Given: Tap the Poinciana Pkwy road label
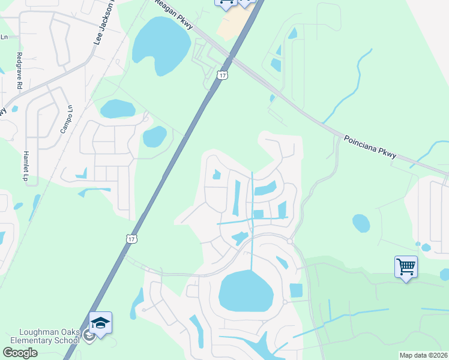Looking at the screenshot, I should pyautogui.click(x=370, y=146).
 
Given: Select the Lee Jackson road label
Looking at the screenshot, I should pyautogui.click(x=105, y=23).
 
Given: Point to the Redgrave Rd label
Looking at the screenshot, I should pyautogui.click(x=19, y=71).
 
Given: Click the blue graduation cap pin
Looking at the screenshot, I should pyautogui.click(x=100, y=322).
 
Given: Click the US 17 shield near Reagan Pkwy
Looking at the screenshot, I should pyautogui.click(x=223, y=75).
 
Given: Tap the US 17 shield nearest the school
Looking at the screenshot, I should pyautogui.click(x=131, y=239).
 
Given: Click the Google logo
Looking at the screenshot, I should pyautogui.click(x=20, y=352).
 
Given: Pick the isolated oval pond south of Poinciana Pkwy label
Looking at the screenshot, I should pyautogui.click(x=361, y=223).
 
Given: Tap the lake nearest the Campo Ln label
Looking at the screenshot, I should pyautogui.click(x=118, y=109).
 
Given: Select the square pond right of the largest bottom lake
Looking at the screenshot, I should pyautogui.click(x=296, y=290).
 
